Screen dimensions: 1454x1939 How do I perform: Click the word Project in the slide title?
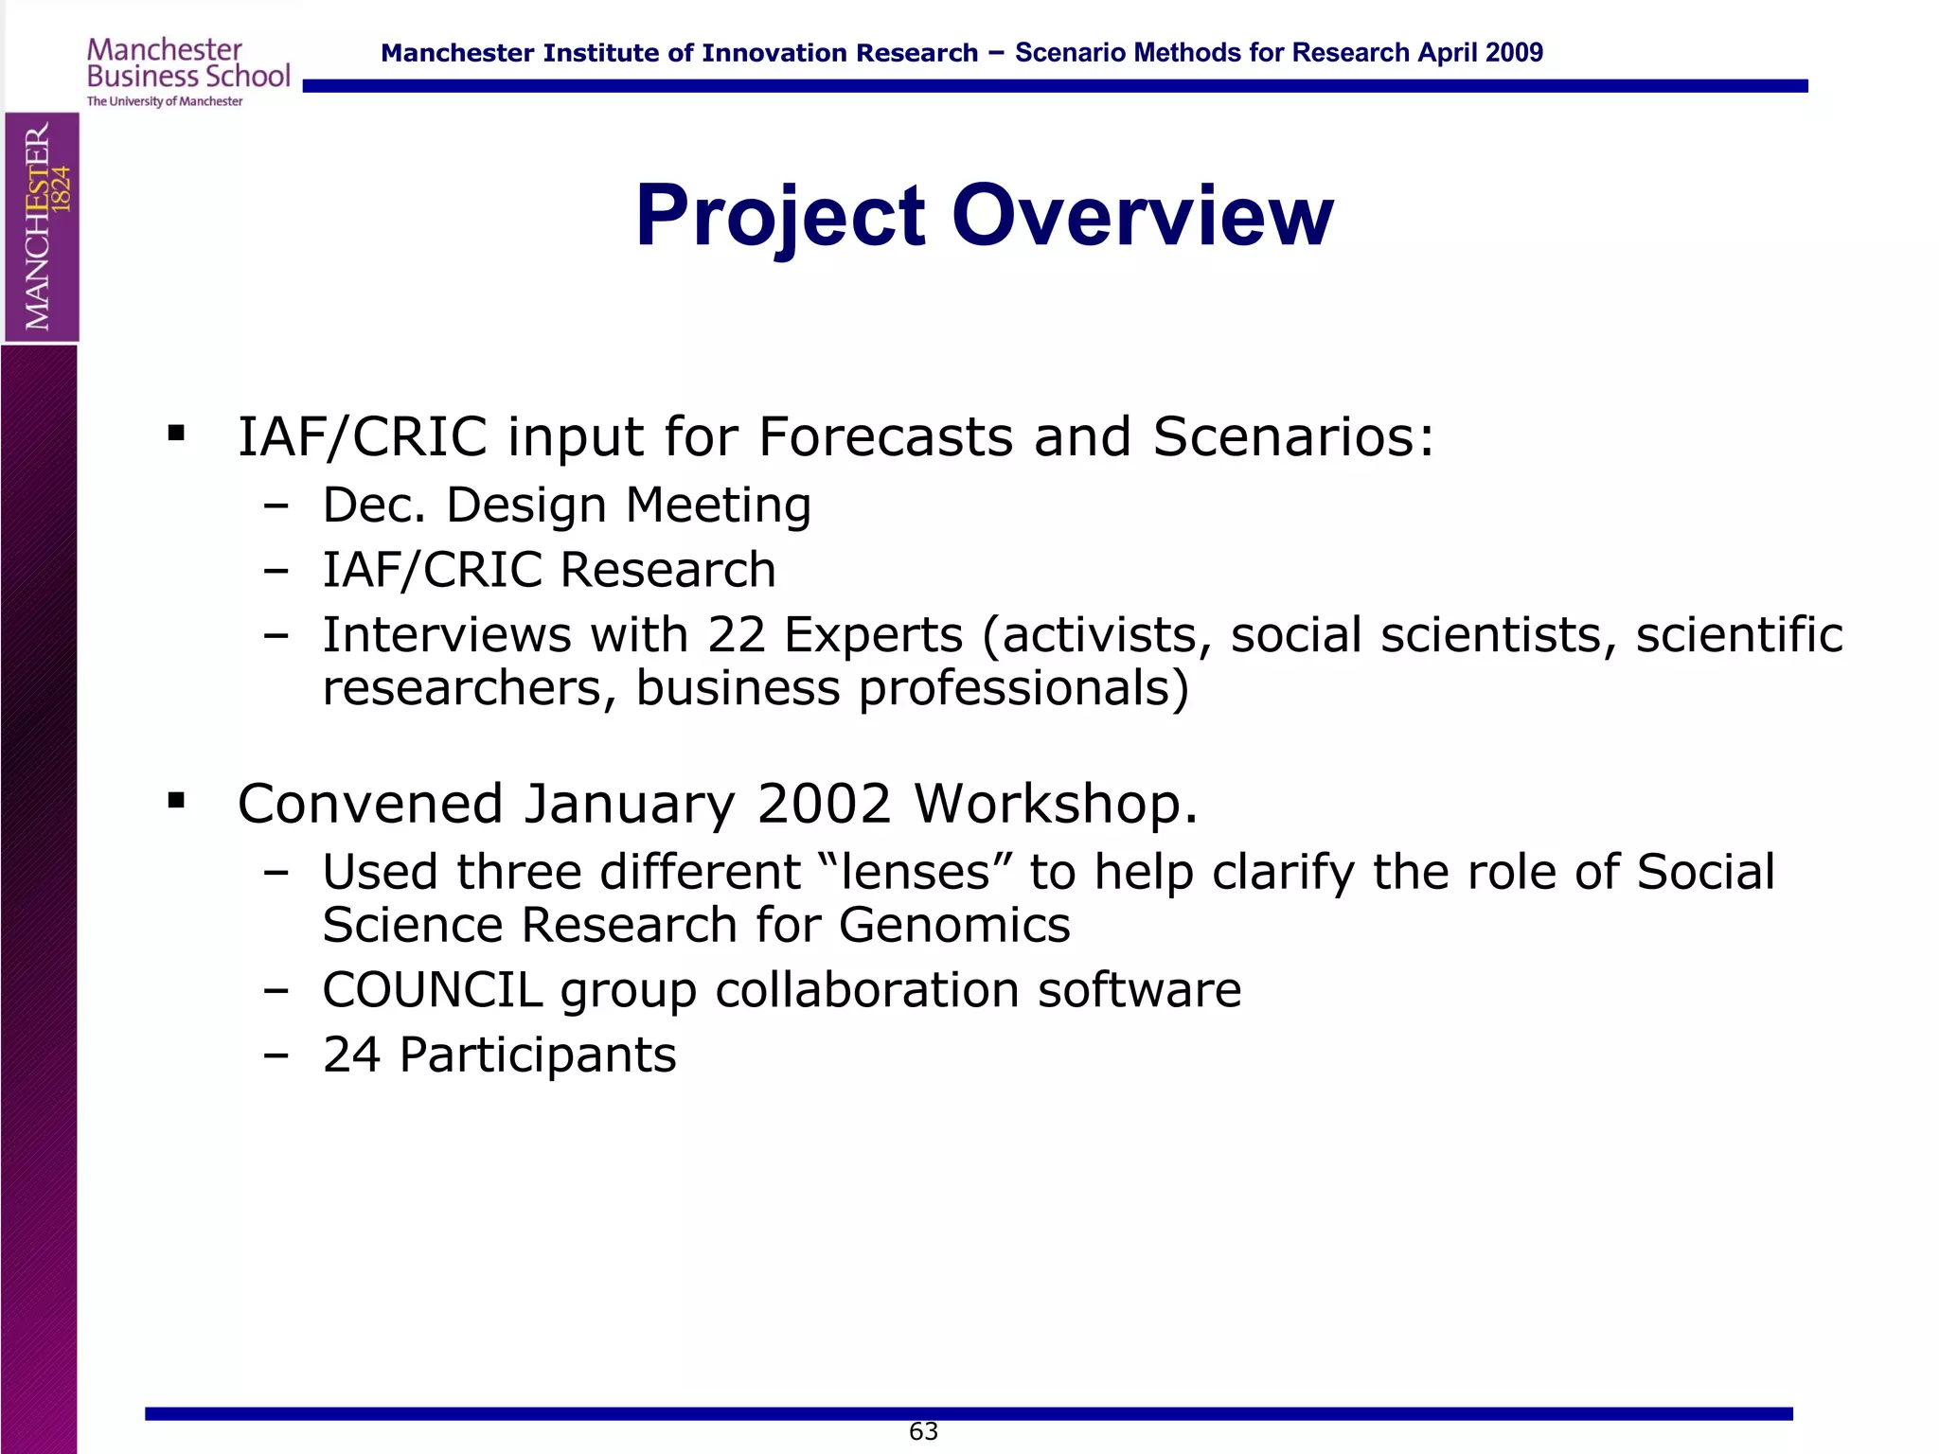779,218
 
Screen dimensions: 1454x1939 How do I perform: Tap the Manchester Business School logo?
187,72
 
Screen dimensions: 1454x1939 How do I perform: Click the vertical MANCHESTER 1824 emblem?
42,227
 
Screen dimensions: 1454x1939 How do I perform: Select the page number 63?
923,1431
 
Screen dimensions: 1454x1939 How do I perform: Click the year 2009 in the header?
1515,53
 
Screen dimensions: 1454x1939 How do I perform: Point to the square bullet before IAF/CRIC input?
176,434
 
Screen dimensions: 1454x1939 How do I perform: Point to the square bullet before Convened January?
176,801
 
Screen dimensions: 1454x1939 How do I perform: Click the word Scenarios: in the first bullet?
1293,437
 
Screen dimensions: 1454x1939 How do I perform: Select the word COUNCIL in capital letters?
432,990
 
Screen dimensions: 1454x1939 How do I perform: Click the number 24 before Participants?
351,1055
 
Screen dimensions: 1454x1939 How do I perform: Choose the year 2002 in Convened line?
824,805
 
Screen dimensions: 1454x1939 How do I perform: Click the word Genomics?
954,926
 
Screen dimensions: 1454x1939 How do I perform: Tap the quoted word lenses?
916,873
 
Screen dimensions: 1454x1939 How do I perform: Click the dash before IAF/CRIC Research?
276,571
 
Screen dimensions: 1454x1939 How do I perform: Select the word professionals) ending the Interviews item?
1023,689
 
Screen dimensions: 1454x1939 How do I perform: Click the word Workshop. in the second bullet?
1056,805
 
